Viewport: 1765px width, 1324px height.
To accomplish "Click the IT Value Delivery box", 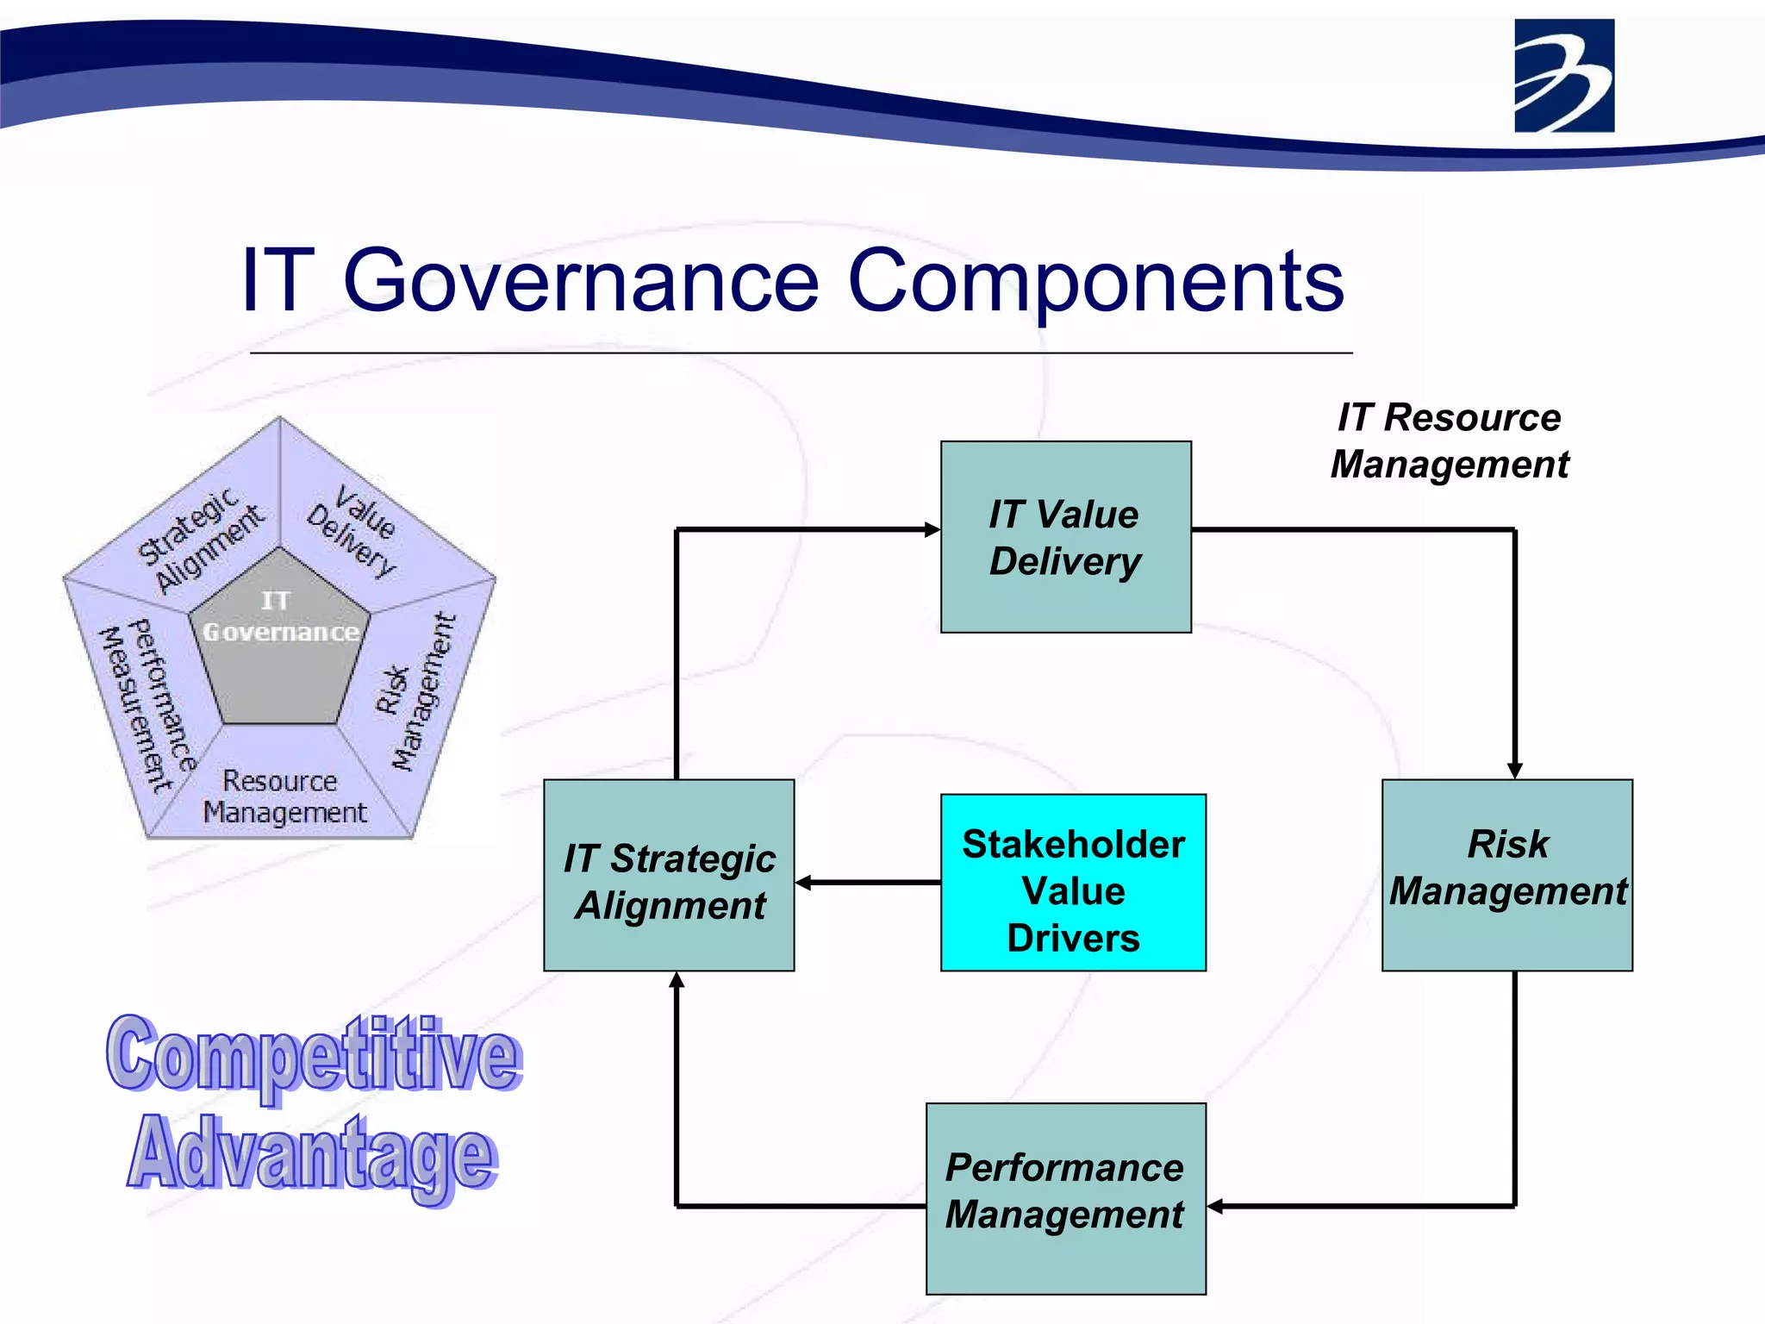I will point(1065,537).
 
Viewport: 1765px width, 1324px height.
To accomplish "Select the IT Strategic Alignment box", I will point(669,876).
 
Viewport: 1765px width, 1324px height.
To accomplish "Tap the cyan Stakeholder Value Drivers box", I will point(1073,884).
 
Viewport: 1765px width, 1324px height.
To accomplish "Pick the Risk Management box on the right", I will point(1507,876).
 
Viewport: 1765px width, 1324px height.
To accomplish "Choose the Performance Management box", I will point(1065,1198).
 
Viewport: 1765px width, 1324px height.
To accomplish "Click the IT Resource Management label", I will point(1450,440).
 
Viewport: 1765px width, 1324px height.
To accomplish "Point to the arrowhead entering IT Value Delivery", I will point(932,529).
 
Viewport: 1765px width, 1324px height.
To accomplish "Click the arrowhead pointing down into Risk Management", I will point(1514,771).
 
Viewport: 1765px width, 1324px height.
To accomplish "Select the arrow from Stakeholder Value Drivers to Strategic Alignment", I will point(867,883).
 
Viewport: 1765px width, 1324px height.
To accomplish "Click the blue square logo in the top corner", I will point(1564,76).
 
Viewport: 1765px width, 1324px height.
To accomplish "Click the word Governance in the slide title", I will point(581,281).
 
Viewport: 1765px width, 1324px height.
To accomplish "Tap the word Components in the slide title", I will point(1095,281).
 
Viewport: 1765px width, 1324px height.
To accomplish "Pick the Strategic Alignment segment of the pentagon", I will point(202,540).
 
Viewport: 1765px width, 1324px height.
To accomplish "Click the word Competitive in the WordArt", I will point(314,1055).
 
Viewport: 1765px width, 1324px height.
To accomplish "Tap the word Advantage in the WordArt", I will point(312,1155).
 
